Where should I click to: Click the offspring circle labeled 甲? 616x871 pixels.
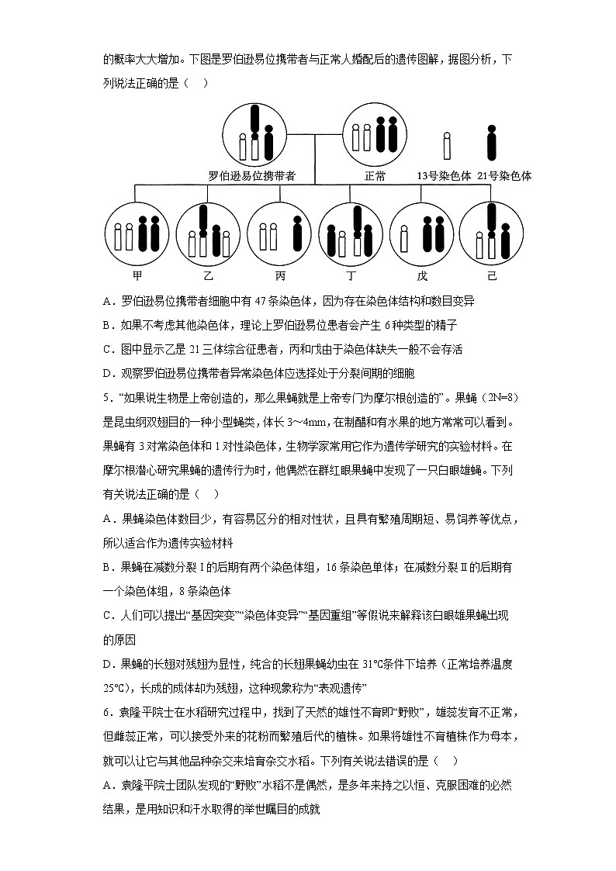tap(137, 234)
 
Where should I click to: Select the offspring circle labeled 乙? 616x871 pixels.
tap(208, 234)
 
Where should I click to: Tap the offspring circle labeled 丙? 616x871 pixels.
tap(279, 234)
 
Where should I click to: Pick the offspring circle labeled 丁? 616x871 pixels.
tap(351, 234)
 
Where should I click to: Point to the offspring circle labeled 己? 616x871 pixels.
tap(491, 234)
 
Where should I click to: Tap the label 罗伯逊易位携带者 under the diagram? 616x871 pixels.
tap(252, 176)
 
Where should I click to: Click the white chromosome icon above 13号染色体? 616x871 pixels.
tap(447, 145)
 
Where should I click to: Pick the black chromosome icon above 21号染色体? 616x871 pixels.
tap(490, 143)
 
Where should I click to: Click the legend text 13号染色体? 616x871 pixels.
tap(444, 176)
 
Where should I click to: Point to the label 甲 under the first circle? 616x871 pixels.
tap(137, 276)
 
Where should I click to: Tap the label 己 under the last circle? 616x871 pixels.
tap(491, 276)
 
